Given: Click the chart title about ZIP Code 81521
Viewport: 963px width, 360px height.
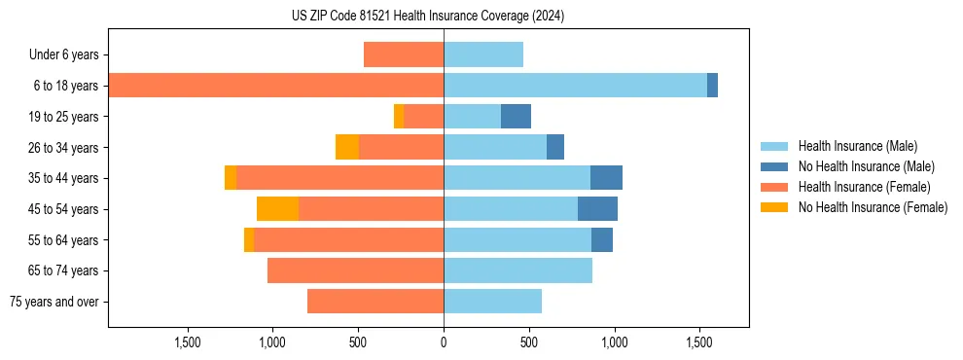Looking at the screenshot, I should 428,17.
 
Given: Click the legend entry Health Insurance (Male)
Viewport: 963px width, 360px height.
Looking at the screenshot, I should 857,146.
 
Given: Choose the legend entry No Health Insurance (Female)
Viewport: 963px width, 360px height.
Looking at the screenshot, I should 873,207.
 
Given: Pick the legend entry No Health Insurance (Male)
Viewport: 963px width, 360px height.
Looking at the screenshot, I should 866,166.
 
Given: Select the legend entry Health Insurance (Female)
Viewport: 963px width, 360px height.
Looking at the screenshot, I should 864,187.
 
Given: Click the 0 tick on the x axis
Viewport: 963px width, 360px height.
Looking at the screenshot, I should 444,342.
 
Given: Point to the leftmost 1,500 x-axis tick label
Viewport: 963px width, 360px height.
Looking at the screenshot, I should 187,342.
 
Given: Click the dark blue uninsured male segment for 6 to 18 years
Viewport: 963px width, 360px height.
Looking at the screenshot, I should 712,86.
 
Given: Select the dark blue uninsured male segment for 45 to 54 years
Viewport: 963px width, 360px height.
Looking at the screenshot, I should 597,209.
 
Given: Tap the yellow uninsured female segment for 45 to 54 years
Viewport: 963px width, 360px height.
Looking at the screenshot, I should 277,209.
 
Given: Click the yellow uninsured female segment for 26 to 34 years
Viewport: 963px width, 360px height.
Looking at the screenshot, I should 347,147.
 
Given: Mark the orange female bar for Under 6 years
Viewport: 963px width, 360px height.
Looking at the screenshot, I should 404,54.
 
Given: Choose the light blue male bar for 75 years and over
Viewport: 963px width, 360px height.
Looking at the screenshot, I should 492,302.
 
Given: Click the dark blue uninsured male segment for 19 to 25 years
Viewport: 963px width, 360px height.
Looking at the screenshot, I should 516,117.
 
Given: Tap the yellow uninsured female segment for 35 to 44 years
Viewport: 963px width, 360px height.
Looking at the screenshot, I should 231,178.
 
